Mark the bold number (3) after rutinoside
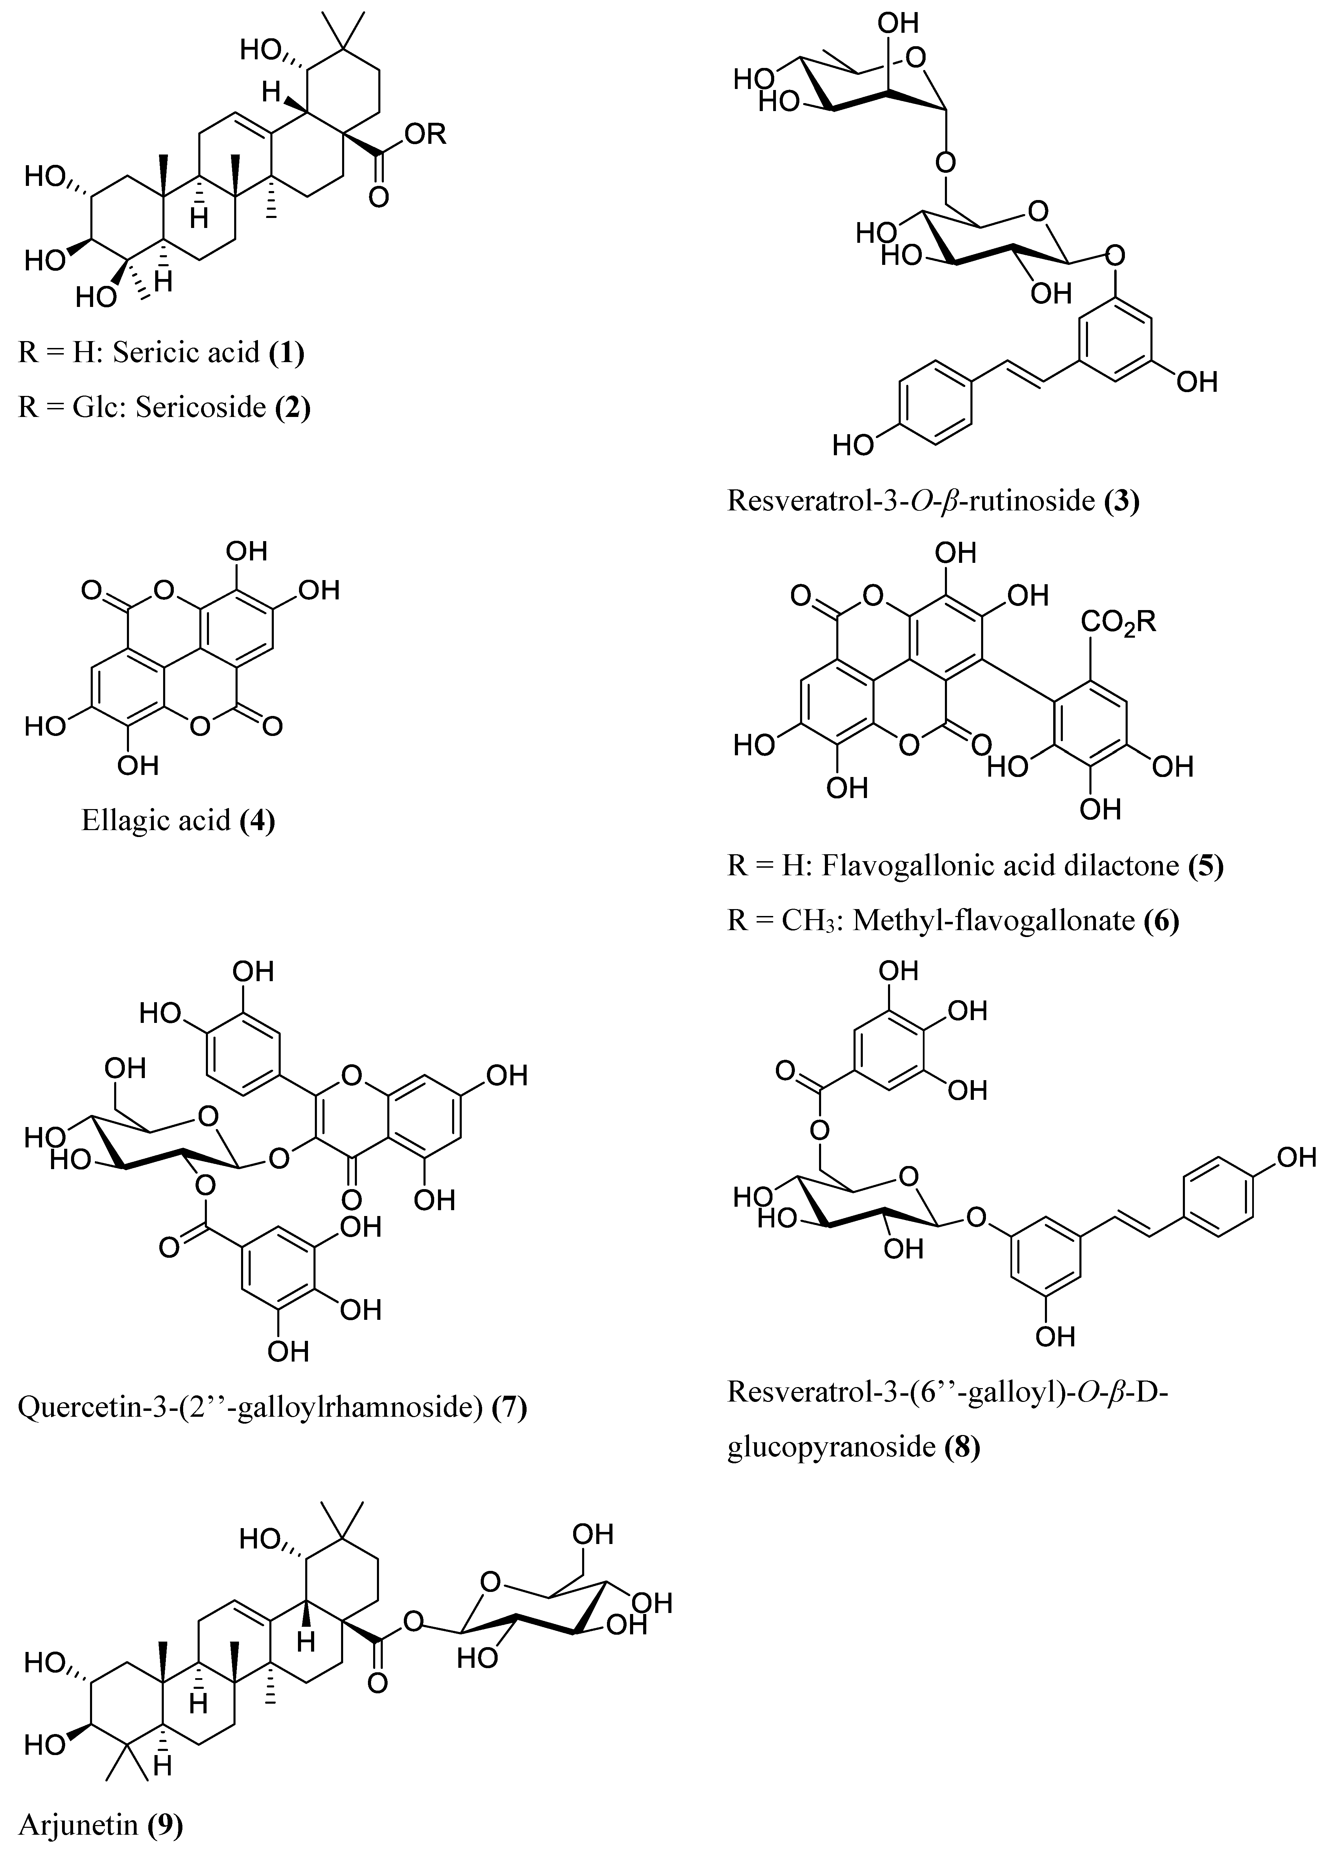1121,500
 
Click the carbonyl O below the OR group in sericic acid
378,197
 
